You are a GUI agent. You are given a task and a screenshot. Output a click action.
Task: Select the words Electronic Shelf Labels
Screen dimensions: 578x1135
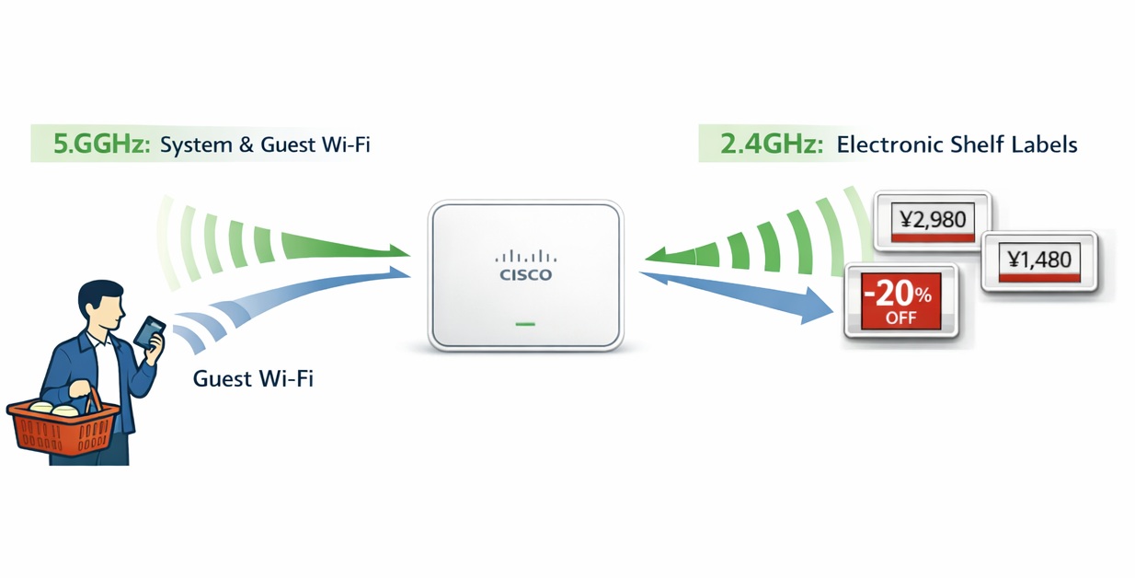pyautogui.click(x=957, y=144)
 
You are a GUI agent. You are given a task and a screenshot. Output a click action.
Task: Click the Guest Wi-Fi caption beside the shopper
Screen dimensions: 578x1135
pyautogui.click(x=253, y=378)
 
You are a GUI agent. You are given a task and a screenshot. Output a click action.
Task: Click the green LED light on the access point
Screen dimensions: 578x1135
pyautogui.click(x=525, y=324)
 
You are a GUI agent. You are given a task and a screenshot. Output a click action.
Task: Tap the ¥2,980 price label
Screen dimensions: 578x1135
pyautogui.click(x=932, y=220)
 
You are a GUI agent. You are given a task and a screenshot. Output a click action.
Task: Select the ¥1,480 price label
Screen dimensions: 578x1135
pyautogui.click(x=1038, y=260)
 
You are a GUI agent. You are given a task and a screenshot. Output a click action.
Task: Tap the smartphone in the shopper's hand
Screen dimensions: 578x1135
pyautogui.click(x=148, y=330)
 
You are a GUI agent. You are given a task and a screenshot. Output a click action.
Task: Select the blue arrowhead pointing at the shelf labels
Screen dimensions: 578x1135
pyautogui.click(x=815, y=306)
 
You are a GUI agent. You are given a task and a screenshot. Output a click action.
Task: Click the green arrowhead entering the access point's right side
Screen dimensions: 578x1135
pyautogui.click(x=657, y=256)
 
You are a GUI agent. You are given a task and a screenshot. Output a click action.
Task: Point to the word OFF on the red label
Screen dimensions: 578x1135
pyautogui.click(x=900, y=318)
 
